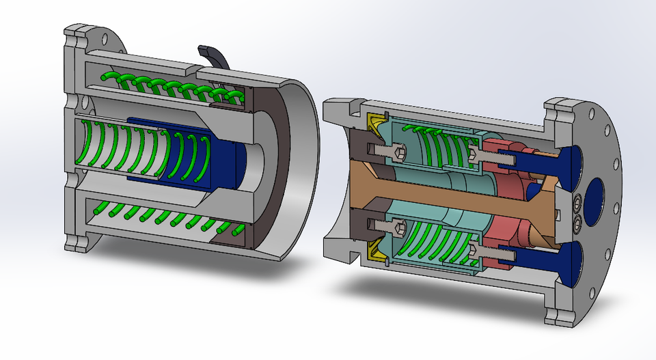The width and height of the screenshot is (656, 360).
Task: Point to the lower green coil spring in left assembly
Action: click(x=171, y=217)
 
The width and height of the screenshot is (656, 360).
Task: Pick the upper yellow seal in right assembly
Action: click(x=377, y=122)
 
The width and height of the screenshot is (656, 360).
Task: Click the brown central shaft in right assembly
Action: click(x=437, y=189)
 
